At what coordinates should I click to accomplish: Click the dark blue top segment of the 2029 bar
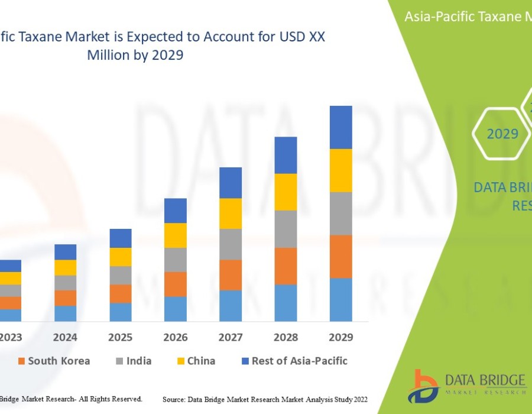pos(340,127)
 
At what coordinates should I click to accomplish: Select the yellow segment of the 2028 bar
pos(286,192)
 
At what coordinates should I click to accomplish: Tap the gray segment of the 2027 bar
pos(231,244)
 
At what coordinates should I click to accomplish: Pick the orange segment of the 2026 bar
pos(176,284)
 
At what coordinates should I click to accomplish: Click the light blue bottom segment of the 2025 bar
pos(121,312)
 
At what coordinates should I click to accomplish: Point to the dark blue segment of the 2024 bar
pos(66,252)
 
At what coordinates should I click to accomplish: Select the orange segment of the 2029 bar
pos(340,256)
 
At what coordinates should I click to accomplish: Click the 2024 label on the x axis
pos(66,337)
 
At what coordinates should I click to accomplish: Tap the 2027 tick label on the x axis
pos(231,337)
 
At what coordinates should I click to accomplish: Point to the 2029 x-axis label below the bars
pos(340,337)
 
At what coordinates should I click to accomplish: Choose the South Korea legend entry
pos(54,361)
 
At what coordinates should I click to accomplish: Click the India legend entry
pos(133,361)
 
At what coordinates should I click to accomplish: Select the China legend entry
pos(196,361)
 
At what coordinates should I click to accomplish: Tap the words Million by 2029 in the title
pos(135,55)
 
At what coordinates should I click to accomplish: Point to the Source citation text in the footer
pos(265,400)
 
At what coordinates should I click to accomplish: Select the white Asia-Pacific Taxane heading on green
pos(467,17)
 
